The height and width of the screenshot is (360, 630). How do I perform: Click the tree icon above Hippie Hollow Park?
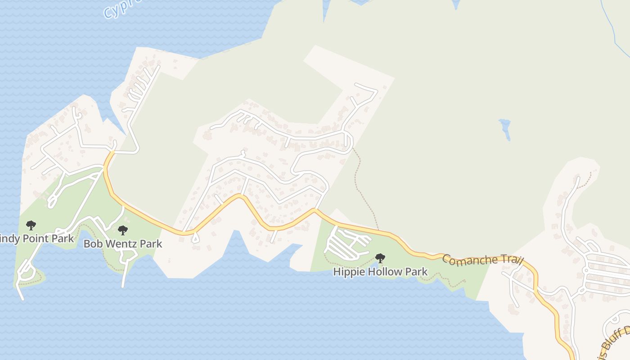click(380, 258)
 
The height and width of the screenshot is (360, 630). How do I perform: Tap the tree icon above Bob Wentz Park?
click(122, 231)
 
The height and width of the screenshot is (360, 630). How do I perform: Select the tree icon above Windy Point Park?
click(31, 225)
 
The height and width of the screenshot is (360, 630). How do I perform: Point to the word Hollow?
click(385, 272)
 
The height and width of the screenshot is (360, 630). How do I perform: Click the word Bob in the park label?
click(92, 244)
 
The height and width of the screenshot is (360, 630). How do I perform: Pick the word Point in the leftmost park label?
click(36, 238)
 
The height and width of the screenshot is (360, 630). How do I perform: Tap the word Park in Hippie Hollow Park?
click(417, 272)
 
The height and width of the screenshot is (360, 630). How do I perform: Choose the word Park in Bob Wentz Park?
click(151, 244)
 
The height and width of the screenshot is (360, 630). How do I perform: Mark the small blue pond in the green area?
click(505, 128)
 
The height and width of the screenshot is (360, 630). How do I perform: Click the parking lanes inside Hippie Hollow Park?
click(346, 243)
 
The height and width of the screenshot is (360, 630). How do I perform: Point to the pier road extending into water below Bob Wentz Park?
click(124, 274)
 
